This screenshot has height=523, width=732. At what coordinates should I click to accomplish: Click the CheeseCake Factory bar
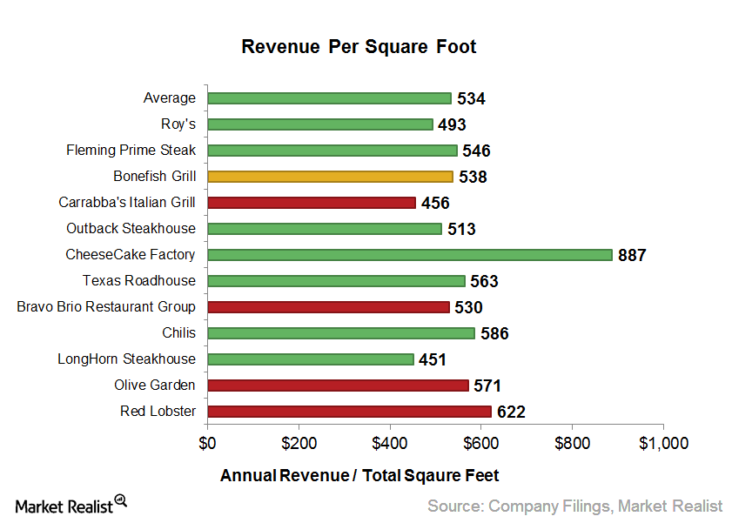click(410, 255)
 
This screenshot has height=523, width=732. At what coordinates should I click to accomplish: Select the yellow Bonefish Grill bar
click(330, 177)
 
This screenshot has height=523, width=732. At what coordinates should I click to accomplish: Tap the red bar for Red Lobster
click(349, 412)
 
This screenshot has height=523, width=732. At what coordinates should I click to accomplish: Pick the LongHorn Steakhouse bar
click(310, 359)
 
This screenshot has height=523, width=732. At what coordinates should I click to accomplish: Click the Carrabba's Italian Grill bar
click(312, 203)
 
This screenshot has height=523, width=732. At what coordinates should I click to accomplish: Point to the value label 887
click(632, 256)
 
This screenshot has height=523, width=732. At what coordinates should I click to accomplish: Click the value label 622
click(511, 412)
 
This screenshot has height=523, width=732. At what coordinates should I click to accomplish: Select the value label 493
click(452, 125)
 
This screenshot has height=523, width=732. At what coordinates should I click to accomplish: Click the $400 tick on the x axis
click(390, 443)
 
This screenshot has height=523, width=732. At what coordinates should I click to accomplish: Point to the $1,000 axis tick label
click(663, 443)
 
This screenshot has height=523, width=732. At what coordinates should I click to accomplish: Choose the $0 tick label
click(207, 443)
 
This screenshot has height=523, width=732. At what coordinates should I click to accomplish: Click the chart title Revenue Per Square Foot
click(359, 47)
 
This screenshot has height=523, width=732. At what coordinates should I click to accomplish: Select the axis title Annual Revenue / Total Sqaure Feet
click(359, 476)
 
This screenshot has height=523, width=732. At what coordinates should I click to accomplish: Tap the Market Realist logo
click(71, 504)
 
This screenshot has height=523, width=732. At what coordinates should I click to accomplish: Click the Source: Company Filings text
click(574, 506)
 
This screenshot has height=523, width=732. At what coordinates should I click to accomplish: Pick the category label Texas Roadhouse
click(139, 280)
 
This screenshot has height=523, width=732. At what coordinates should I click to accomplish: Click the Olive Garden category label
click(155, 385)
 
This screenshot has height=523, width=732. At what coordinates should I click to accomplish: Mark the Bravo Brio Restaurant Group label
click(106, 306)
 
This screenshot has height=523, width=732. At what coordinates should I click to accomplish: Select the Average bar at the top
click(329, 98)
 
